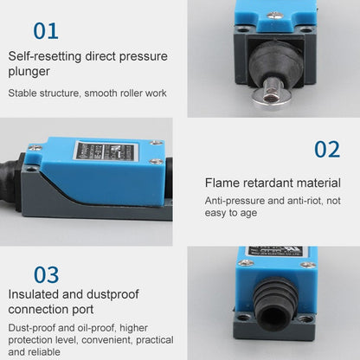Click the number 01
click(x=46, y=31)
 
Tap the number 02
click(x=326, y=150)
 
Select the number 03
click(x=46, y=275)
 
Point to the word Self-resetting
click(x=46, y=56)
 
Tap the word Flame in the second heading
click(x=223, y=182)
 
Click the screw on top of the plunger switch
click(x=274, y=14)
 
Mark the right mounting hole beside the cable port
click(x=305, y=319)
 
